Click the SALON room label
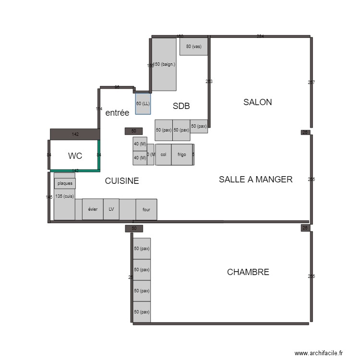[257, 102]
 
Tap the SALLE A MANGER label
[255, 180]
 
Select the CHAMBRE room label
[248, 272]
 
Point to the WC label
[75, 156]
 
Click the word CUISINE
[122, 181]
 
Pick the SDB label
[182, 106]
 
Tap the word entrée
[117, 113]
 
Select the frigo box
[182, 155]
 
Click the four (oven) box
[146, 209]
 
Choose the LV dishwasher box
[111, 209]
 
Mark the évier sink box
[93, 209]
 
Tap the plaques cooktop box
[65, 183]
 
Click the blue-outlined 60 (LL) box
[143, 104]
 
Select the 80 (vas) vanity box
[193, 47]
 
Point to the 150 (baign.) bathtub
[165, 64]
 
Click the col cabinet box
[163, 155]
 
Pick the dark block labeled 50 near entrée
[133, 131]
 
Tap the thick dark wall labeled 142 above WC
[75, 134]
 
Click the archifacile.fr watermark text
[319, 353]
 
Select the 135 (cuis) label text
[64, 196]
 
